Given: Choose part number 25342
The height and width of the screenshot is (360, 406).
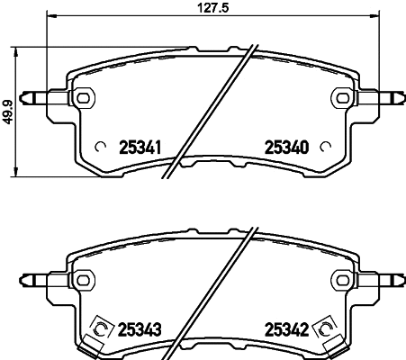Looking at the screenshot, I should click(x=286, y=329).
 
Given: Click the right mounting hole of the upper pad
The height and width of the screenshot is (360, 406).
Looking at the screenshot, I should click(x=342, y=96).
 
